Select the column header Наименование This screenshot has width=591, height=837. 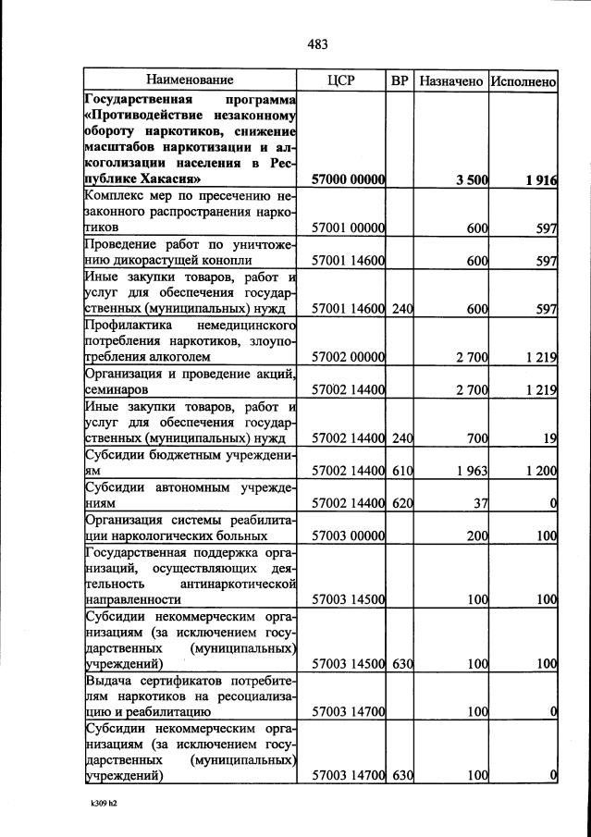tap(190, 81)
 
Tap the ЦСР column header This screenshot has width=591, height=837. tap(341, 81)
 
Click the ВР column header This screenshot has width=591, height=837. tap(400, 81)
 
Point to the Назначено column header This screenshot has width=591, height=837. tap(450, 81)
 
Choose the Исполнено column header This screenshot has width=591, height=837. tap(523, 81)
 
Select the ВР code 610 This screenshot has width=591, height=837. tap(401, 471)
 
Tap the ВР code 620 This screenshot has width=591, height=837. tap(401, 504)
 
